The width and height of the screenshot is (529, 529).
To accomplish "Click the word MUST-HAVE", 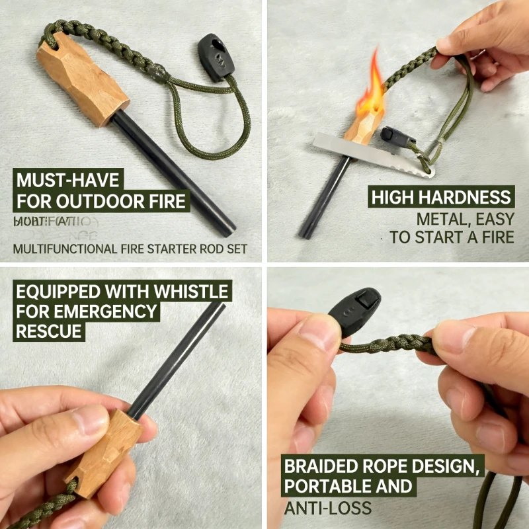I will tap(65, 181).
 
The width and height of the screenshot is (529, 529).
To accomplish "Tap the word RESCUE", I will tap(49, 331).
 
